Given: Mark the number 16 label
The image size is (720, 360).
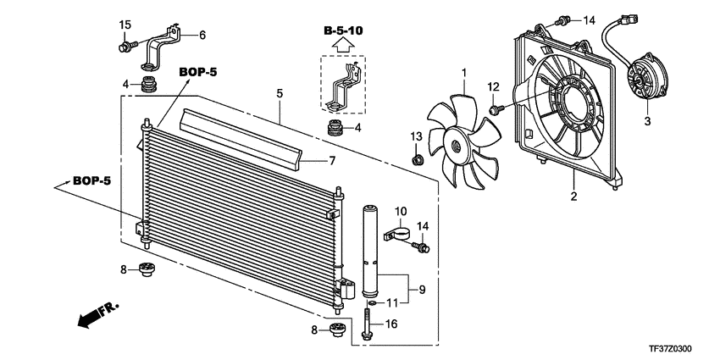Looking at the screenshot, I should [x=392, y=324].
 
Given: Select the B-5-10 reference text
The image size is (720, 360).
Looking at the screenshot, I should [x=343, y=30].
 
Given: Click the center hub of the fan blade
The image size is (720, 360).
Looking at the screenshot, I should [x=457, y=145].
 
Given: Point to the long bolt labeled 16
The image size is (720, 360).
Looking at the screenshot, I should [x=366, y=322].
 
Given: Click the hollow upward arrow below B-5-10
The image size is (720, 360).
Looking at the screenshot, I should [x=343, y=46].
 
